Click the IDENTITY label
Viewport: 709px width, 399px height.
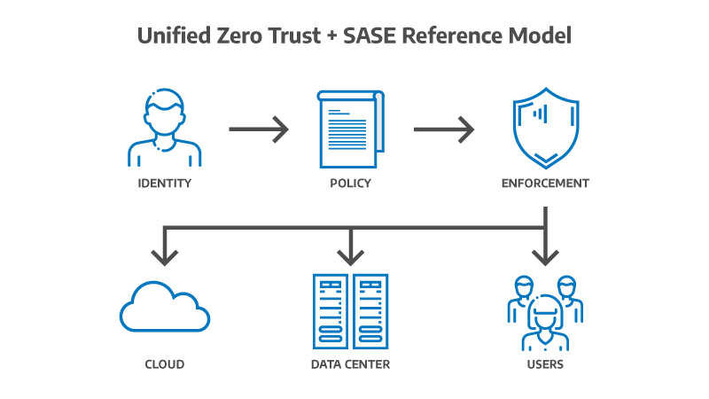point(165,184)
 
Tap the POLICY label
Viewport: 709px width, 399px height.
point(351,184)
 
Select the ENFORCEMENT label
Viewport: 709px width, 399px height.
point(545,184)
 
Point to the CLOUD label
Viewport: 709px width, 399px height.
point(165,364)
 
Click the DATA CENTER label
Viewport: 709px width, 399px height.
point(351,364)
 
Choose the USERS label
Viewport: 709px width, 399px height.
point(545,364)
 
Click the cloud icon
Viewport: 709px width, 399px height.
point(165,307)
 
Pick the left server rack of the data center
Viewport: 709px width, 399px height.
point(331,309)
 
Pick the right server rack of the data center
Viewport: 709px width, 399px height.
point(371,309)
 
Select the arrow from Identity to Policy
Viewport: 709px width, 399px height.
point(259,129)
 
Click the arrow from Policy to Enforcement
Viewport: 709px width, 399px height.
point(444,129)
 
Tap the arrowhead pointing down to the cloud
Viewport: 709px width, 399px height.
point(165,256)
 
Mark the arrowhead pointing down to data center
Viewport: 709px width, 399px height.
point(351,256)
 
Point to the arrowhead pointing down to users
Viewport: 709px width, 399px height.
point(545,256)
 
